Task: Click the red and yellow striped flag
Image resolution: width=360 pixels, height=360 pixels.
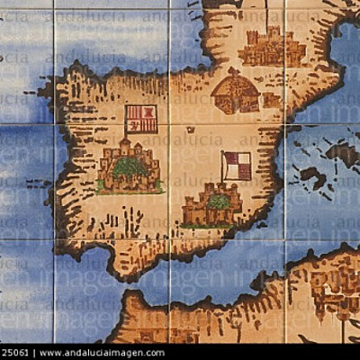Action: click(141, 119)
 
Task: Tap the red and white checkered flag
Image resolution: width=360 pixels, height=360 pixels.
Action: click(238, 166)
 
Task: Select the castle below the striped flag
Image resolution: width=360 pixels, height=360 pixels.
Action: click(130, 168)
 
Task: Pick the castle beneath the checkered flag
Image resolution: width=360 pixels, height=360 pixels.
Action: click(213, 205)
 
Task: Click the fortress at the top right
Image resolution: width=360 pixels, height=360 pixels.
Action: click(271, 48)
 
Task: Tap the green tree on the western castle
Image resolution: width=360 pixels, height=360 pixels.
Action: click(130, 166)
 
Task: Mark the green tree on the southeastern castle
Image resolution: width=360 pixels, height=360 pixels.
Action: click(218, 202)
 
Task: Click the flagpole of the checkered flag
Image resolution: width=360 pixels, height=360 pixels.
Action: click(222, 171)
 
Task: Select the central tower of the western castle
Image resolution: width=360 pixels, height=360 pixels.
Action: click(125, 147)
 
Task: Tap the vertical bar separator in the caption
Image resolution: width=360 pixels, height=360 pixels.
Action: click(34, 353)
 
